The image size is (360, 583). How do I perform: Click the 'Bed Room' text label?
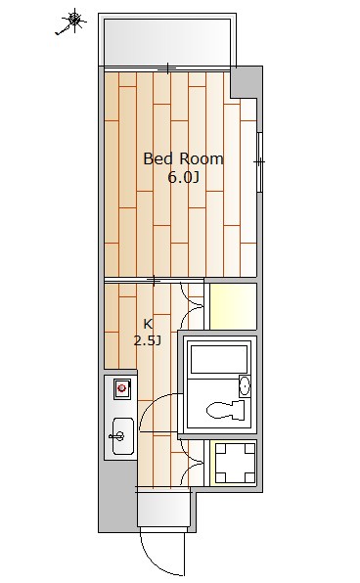(x=183, y=158)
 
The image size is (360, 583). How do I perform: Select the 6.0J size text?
(x=183, y=177)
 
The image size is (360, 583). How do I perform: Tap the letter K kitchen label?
(x=148, y=324)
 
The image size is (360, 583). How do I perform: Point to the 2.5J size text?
(x=148, y=340)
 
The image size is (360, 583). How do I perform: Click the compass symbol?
(x=72, y=21)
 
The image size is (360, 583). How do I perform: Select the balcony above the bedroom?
(x=168, y=40)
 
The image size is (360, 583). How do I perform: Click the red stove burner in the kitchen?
(x=122, y=389)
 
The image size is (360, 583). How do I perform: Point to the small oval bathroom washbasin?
(x=245, y=387)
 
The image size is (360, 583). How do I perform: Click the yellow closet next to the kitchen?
(x=233, y=305)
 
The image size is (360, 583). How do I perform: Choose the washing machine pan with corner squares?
(x=234, y=463)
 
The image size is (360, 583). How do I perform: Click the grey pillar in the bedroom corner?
(x=247, y=82)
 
